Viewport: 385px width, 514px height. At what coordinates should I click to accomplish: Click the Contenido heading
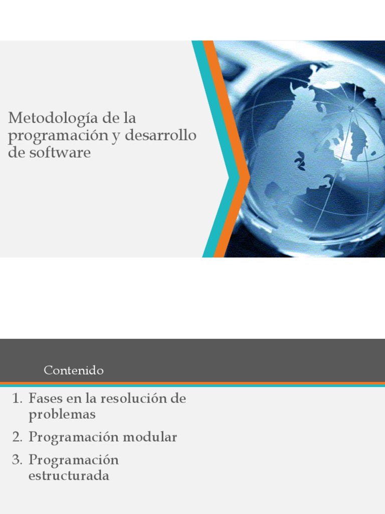[x=74, y=370]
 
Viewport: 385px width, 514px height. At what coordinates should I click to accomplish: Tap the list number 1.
[x=17, y=399]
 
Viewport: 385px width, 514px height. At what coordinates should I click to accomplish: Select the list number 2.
[x=18, y=437]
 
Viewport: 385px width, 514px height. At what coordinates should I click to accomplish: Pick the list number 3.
[x=18, y=460]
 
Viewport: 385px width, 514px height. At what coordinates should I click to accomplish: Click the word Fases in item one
[x=45, y=399]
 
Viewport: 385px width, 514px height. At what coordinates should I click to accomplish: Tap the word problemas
[x=62, y=415]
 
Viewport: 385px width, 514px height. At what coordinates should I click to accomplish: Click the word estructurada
[x=69, y=476]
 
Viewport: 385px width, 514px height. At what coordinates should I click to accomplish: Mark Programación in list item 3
[x=73, y=460]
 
